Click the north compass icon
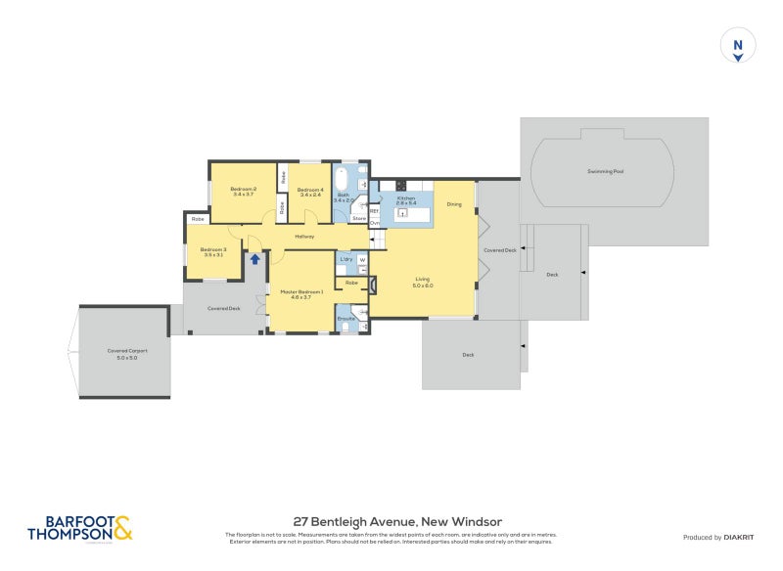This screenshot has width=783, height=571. (x=738, y=46)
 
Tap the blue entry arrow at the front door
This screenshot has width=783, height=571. (x=255, y=259)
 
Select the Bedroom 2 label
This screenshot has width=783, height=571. (x=243, y=192)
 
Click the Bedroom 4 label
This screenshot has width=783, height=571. (x=310, y=192)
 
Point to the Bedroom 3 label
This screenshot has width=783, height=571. (x=213, y=252)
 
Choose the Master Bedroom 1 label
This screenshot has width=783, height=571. (x=301, y=294)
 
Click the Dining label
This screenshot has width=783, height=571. (x=454, y=204)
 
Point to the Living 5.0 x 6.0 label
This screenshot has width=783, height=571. (x=422, y=283)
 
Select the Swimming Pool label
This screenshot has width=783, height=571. (x=605, y=171)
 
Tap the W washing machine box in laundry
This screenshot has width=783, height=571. (x=361, y=260)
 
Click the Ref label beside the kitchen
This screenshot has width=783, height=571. (x=374, y=210)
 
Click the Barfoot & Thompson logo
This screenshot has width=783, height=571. (x=79, y=529)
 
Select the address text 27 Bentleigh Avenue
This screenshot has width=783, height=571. (x=397, y=522)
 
